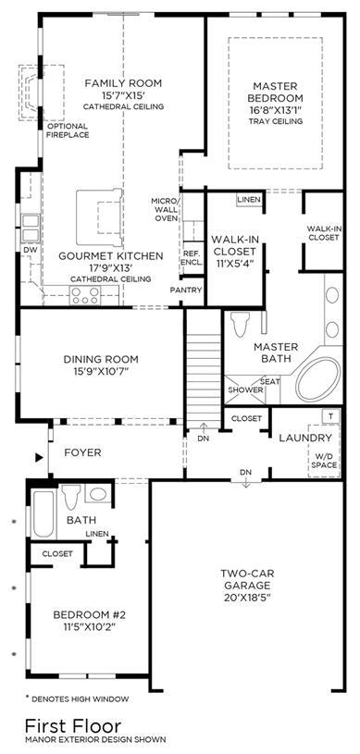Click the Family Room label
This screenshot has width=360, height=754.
coord(123,83)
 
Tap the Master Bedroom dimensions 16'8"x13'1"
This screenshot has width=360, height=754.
coord(275,109)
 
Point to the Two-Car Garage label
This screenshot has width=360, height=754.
coord(245,579)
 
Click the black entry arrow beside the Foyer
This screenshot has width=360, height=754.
coord(40,458)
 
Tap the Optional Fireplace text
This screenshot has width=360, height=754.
coord(68,130)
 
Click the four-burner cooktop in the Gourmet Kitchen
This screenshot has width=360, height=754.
coord(85,295)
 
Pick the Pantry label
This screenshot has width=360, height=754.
coord(186,290)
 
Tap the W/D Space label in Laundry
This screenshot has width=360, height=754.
coord(323,461)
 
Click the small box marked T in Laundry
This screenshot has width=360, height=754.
coord(330,416)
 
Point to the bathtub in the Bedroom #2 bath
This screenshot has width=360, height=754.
coord(43,514)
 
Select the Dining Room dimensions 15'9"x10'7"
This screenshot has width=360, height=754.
coord(101,371)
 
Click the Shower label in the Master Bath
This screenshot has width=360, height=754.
coord(246,390)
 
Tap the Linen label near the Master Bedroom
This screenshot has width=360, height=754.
coord(249,200)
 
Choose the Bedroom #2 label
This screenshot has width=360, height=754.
coord(90,614)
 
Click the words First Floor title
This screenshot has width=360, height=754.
coord(73,725)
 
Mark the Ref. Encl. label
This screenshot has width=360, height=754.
coord(192,258)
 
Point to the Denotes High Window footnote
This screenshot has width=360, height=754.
coord(77,698)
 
